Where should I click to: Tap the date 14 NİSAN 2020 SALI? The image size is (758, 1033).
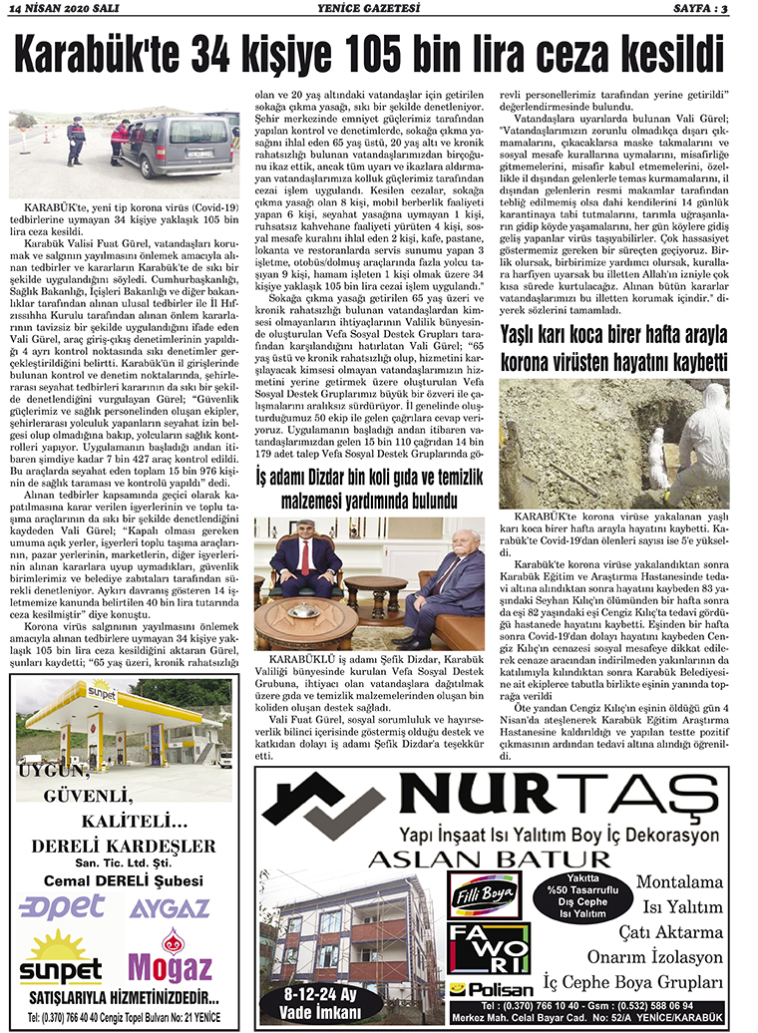point(60,9)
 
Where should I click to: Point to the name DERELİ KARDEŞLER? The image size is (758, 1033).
point(124,847)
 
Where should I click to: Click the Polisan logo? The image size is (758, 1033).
point(481,989)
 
